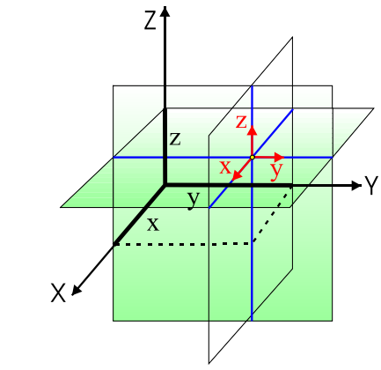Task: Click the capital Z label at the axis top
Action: coord(150,20)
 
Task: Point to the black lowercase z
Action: coord(175,138)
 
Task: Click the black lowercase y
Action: coord(193,200)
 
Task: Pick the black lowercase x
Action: coord(153,225)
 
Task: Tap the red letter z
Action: coord(240,122)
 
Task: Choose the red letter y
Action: coord(275,167)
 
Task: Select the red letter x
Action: coord(225,166)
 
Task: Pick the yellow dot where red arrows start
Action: coord(252,157)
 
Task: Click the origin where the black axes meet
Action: coord(165,185)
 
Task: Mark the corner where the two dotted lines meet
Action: coord(253,242)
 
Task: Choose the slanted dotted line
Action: coord(272,215)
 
